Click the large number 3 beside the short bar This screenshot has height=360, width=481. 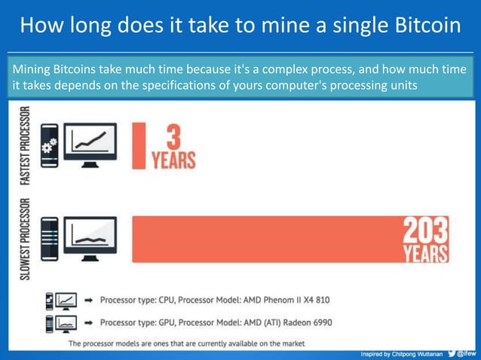click(173, 138)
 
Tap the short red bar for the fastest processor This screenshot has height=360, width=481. click(138, 145)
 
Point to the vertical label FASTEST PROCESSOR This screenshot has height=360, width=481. click(26, 145)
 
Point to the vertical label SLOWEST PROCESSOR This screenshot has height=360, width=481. click(26, 239)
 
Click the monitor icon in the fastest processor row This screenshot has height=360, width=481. click(89, 144)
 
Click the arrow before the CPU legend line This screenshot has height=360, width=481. click(88, 300)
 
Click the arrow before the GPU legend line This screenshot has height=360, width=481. click(88, 322)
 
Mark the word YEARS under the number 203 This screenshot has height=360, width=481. click(424, 253)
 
